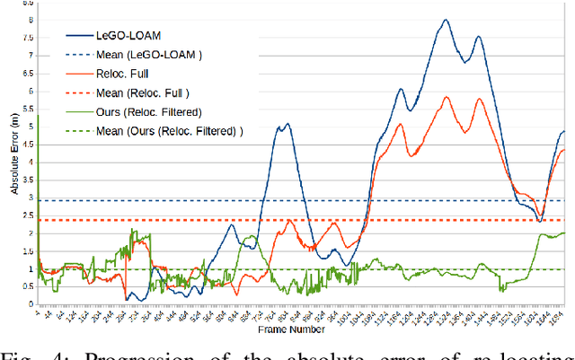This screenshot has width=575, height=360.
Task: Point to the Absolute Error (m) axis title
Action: click(14, 162)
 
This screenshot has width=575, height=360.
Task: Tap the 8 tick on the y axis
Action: click(31, 20)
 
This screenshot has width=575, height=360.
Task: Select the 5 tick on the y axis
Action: click(31, 127)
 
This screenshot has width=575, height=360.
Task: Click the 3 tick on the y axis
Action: click(31, 198)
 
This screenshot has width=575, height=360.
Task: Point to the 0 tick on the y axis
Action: click(31, 304)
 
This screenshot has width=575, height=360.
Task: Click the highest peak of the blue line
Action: click(445, 20)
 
